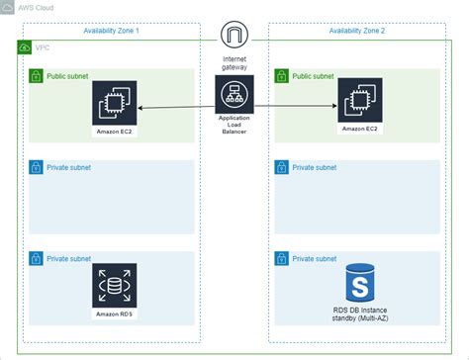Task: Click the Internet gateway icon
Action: [x=234, y=37]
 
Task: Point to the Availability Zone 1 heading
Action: [x=111, y=30]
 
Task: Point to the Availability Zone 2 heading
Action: [x=356, y=30]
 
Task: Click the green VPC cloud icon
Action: [x=25, y=47]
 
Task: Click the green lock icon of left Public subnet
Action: [x=36, y=75]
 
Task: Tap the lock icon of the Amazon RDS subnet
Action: [x=36, y=259]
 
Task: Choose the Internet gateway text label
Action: [x=234, y=64]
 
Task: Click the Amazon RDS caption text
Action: [x=114, y=314]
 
